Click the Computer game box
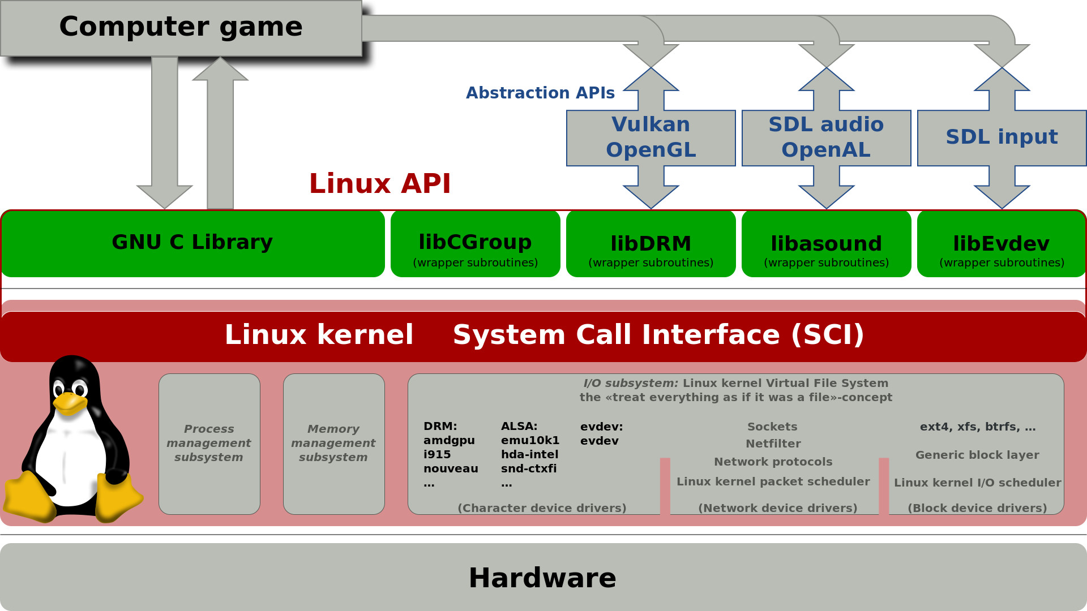point(181,27)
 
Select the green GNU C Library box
point(192,243)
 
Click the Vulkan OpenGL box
point(651,137)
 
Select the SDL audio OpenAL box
point(826,137)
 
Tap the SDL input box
point(1001,137)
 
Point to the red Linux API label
point(379,184)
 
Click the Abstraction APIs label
point(540,93)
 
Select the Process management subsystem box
point(209,444)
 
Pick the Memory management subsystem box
point(333,444)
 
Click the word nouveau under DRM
point(451,469)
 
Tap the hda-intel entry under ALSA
point(529,455)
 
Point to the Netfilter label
point(773,444)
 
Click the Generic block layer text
point(977,455)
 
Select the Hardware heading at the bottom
point(542,578)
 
